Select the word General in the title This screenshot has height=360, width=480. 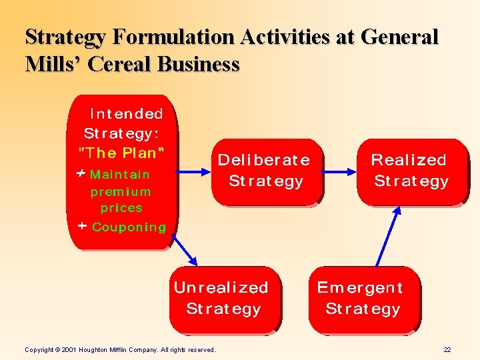(400, 38)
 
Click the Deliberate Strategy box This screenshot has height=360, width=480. (266, 171)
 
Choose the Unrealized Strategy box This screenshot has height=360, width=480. (224, 299)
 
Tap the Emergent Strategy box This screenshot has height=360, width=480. (363, 299)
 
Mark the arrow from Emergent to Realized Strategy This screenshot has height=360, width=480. (387, 237)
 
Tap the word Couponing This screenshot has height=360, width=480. (129, 227)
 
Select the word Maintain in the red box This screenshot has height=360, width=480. (120, 175)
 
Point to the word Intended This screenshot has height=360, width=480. (126, 114)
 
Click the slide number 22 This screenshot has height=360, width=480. (447, 349)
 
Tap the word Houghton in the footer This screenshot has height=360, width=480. (97, 349)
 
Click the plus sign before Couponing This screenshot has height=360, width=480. (82, 226)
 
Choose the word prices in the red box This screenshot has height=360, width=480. (121, 208)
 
